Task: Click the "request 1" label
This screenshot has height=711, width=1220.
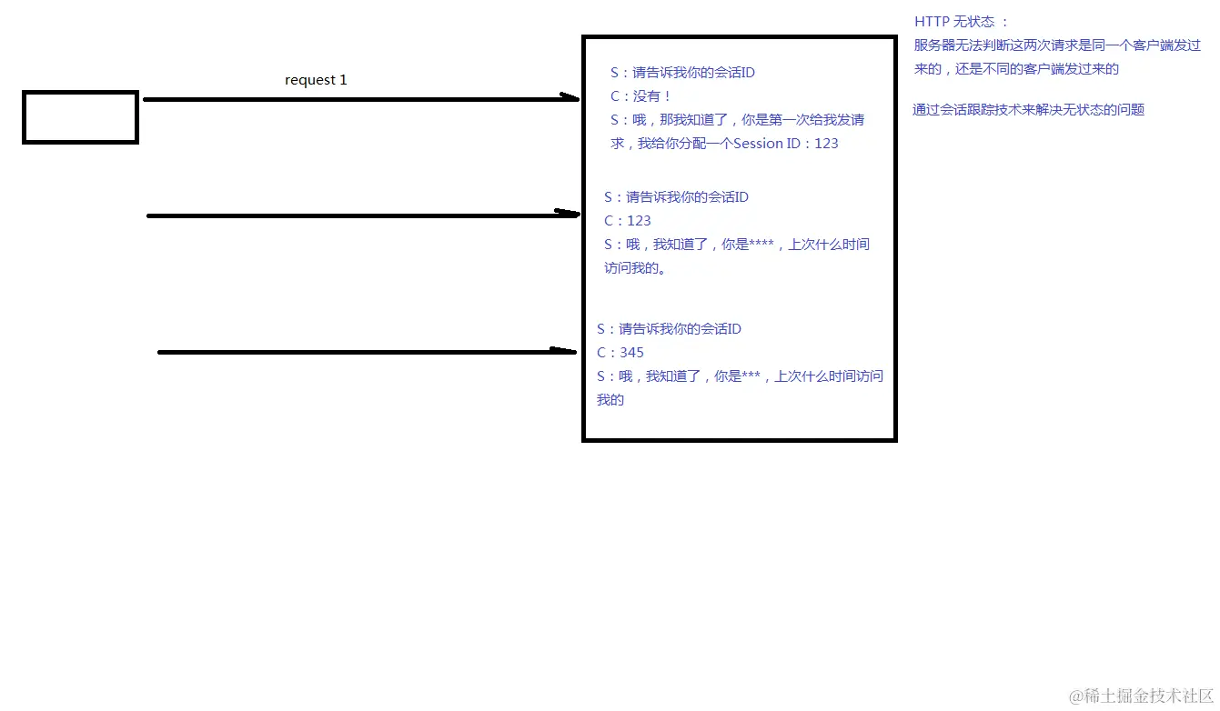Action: pyautogui.click(x=316, y=80)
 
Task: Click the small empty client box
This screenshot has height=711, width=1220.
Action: pyautogui.click(x=80, y=117)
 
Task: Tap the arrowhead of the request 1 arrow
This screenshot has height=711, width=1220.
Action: pyautogui.click(x=570, y=98)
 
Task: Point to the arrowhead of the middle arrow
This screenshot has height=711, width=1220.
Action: pyautogui.click(x=569, y=214)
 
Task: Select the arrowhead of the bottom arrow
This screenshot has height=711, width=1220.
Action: pyautogui.click(x=566, y=350)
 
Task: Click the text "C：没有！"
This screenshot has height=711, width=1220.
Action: pyautogui.click(x=640, y=96)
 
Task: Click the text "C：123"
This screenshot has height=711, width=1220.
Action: pyautogui.click(x=628, y=221)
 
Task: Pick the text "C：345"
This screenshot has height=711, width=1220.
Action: pyautogui.click(x=620, y=353)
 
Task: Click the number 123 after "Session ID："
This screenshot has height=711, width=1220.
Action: pyautogui.click(x=826, y=144)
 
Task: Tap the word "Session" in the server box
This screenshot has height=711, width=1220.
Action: pyautogui.click(x=758, y=144)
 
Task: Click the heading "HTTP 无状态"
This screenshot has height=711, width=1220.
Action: pyautogui.click(x=961, y=22)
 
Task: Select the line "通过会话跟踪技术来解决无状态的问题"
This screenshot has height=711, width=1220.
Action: pyautogui.click(x=1028, y=110)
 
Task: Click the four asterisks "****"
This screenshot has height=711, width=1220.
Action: pyautogui.click(x=761, y=245)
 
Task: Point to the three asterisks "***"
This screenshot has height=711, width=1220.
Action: pyautogui.click(x=751, y=376)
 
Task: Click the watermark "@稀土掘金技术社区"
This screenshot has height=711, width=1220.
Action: pyautogui.click(x=1141, y=696)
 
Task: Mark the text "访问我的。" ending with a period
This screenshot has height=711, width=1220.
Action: pyautogui.click(x=635, y=268)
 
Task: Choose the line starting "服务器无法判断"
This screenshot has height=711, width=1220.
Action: pyautogui.click(x=1057, y=45)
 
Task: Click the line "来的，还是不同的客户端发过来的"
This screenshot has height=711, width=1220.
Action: pyautogui.click(x=1016, y=69)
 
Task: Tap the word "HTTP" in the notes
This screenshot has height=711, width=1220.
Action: pyautogui.click(x=932, y=22)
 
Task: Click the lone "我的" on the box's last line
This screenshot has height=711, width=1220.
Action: pyautogui.click(x=610, y=400)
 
